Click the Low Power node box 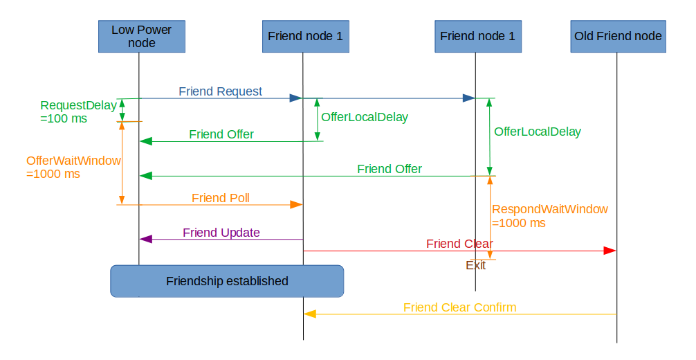coord(142,36)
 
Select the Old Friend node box coord(618,36)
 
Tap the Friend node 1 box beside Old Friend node coord(477,36)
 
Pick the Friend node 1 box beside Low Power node coord(305,36)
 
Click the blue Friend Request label coord(220,91)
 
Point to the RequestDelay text coord(78,105)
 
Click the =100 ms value coord(64,118)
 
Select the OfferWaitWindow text coord(73,161)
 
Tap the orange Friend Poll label coord(220,198)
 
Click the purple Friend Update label coord(221,233)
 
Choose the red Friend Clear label coord(459,244)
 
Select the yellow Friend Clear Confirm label coord(459,307)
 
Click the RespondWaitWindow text coord(549,209)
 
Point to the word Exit coord(475,265)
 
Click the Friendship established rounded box coord(227,281)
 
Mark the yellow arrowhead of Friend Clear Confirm coord(311,314)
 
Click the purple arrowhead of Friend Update coord(145,239)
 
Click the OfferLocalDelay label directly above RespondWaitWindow coord(537,132)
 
